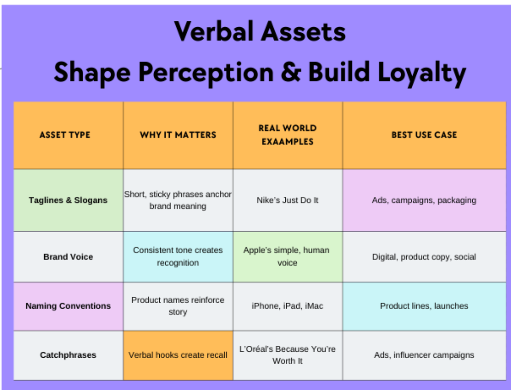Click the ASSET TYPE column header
click(x=65, y=135)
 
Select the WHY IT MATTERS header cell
click(x=178, y=135)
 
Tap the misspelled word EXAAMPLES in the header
click(x=287, y=141)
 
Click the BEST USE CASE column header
click(x=424, y=135)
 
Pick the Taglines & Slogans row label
click(x=68, y=200)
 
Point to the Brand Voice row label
click(x=68, y=257)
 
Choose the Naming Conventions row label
click(x=68, y=306)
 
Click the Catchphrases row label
click(x=68, y=355)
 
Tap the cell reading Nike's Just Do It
click(x=287, y=200)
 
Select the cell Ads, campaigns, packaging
click(x=424, y=200)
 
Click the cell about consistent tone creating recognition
click(x=178, y=256)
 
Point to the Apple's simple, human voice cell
click(x=287, y=256)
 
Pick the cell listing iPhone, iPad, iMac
click(x=287, y=306)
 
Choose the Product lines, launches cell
click(x=424, y=306)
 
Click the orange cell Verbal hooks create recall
click(x=178, y=355)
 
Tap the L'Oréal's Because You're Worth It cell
click(x=287, y=355)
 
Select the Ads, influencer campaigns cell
click(x=424, y=355)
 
